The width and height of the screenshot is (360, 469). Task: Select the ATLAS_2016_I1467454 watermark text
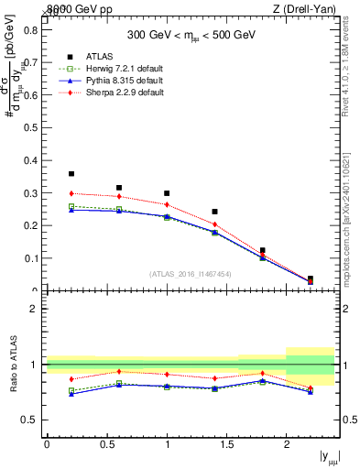(x=190, y=274)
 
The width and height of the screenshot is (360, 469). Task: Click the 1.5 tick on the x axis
(x=226, y=443)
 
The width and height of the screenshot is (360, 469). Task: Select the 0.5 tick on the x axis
(x=106, y=443)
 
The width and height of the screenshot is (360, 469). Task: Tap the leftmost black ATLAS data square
(x=71, y=173)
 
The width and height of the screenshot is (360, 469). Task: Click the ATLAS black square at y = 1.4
(x=214, y=212)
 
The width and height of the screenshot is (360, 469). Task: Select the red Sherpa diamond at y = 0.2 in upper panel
(x=71, y=193)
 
